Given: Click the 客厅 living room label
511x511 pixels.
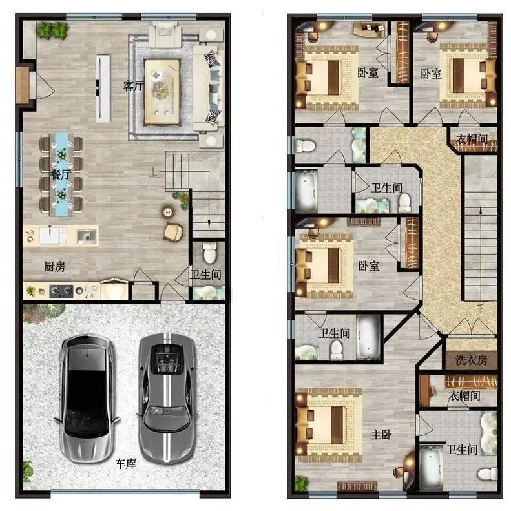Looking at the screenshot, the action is point(133,86).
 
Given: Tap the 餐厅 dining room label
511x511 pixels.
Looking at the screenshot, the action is point(61,174).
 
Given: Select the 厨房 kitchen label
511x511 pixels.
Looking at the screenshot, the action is point(55,267).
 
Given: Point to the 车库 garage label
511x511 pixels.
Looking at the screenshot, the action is point(126,463).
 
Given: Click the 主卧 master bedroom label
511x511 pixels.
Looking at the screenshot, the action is point(381,434).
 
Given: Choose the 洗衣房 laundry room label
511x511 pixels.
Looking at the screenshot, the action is point(471,360).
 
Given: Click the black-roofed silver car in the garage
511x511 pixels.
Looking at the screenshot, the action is point(87,397).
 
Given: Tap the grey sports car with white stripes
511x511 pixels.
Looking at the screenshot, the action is point(167,397).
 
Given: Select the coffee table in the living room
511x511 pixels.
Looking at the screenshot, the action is point(162,92).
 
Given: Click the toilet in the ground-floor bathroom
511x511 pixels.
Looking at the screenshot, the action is point(209,252).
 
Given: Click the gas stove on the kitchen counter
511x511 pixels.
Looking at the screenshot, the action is point(61,291).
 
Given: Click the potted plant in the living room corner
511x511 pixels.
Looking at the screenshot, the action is point(52,30).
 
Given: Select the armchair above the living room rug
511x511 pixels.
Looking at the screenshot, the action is point(165,34).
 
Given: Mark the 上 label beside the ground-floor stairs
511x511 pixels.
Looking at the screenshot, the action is point(153,172).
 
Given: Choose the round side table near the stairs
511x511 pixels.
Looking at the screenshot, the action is point(167,212).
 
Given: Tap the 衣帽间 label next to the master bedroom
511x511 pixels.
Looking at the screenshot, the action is point(464,395).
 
